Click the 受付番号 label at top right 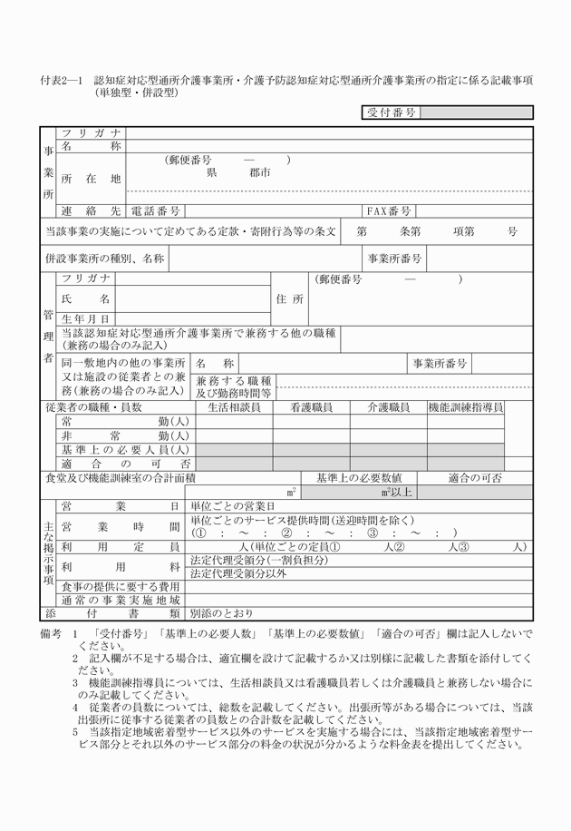click(x=392, y=112)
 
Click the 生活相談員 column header click(x=234, y=408)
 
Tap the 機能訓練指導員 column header click(x=466, y=408)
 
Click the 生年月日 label click(x=85, y=318)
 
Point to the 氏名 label click(x=85, y=298)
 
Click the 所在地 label click(x=91, y=179)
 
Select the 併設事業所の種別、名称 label click(x=104, y=259)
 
